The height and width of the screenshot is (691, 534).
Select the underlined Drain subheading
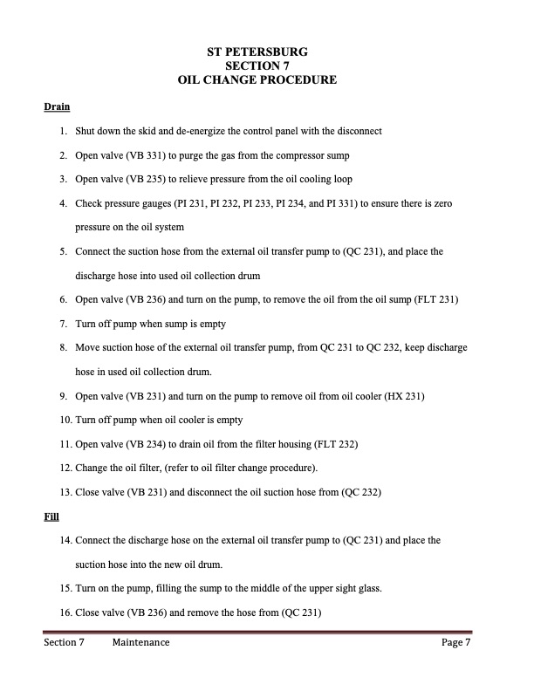coord(57,107)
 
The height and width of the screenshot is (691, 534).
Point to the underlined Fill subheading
coord(51,517)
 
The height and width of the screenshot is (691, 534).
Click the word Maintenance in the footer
coord(141,644)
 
